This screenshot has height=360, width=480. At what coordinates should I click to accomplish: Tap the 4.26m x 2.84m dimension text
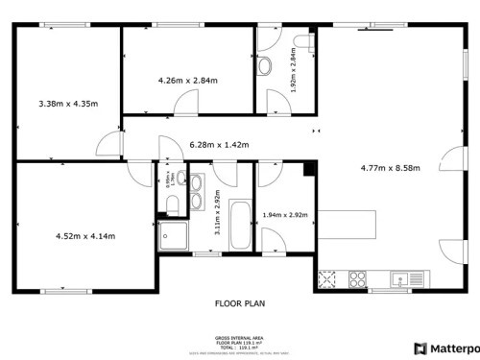point(188,80)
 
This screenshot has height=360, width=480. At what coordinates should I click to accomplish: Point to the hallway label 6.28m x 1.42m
point(219,145)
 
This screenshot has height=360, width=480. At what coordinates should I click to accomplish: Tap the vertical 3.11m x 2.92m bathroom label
point(218,212)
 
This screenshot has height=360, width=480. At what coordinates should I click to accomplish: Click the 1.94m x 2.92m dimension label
point(284,215)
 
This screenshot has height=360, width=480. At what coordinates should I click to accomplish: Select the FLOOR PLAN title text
point(239,303)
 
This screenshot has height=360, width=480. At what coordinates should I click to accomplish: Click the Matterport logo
point(445,348)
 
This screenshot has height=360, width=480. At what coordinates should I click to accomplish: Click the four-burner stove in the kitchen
point(356,279)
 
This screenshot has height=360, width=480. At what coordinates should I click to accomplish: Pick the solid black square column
point(309,170)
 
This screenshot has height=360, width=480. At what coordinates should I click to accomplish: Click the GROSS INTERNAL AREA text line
point(239,338)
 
